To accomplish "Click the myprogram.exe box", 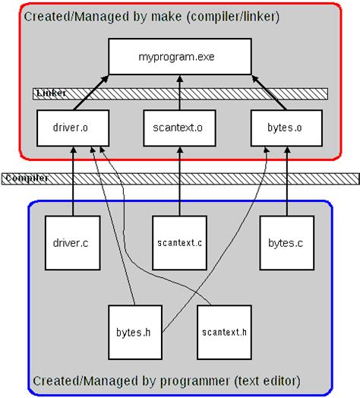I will click(x=179, y=57).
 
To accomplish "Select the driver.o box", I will click(x=73, y=128).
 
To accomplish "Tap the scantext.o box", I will click(x=179, y=128).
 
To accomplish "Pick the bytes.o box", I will click(x=286, y=128).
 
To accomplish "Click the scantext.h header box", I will click(x=225, y=332).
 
